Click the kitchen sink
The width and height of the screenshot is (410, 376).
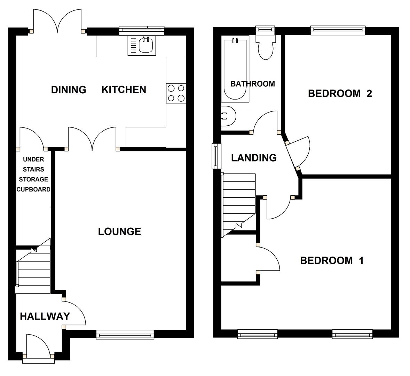click(143, 45)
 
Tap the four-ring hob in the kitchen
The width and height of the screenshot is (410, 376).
click(176, 93)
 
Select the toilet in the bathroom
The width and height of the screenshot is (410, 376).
click(266, 49)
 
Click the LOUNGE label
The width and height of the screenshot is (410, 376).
click(119, 232)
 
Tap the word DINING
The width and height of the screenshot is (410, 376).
click(69, 90)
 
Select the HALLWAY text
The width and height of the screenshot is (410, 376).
click(45, 316)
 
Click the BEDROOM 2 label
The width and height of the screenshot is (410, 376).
click(340, 93)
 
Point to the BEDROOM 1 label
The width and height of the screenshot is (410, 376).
click(332, 260)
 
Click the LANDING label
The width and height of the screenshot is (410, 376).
click(254, 158)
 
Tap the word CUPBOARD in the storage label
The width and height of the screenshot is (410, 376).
click(34, 189)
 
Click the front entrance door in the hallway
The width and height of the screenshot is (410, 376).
click(38, 348)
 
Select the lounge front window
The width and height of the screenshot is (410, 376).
click(125, 335)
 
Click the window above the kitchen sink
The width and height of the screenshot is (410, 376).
click(141, 31)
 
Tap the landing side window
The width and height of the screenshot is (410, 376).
click(216, 156)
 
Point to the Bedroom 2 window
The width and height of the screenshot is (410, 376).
click(338, 31)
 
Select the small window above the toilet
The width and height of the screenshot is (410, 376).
click(266, 31)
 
